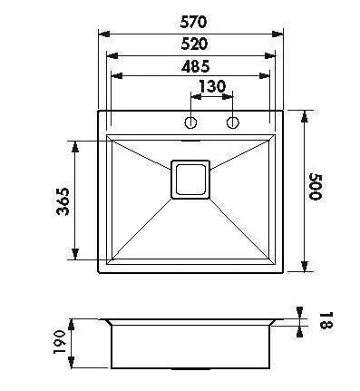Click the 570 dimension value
(x=193, y=22)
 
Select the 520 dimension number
(x=195, y=44)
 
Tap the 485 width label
(x=195, y=66)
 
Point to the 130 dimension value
(x=212, y=86)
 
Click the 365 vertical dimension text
(x=63, y=201)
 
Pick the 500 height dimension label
(x=316, y=187)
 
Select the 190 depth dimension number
(x=59, y=342)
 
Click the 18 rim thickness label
(x=326, y=320)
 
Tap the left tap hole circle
(x=190, y=122)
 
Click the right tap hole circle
(x=233, y=122)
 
